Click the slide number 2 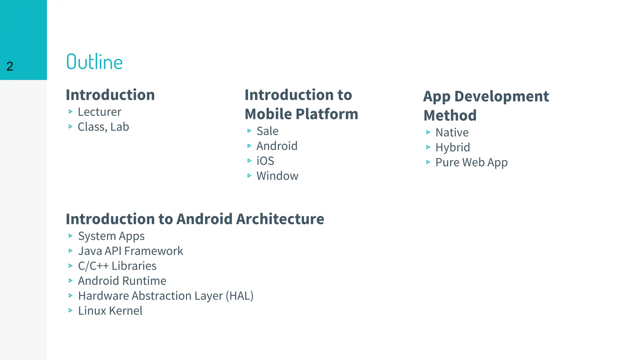10,66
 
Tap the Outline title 94,62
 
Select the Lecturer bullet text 99,112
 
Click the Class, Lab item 103,127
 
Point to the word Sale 267,131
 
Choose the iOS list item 265,161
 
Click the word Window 277,176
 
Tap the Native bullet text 452,132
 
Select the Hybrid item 452,147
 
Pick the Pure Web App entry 471,162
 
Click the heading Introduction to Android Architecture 195,219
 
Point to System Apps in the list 111,236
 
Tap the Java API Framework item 130,251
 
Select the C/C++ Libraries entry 117,266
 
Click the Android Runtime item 122,281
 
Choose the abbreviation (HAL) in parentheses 239,296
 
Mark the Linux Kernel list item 110,311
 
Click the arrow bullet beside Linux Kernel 71,311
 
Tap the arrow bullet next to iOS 249,161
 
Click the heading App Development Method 486,106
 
